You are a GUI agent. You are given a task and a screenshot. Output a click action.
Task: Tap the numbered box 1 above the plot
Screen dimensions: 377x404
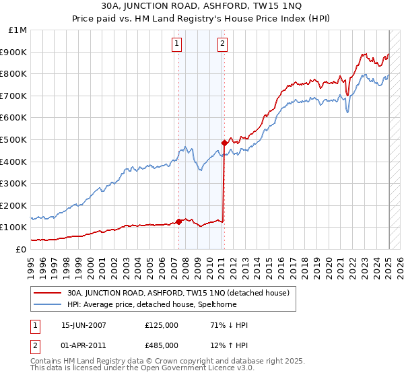pos(176,44)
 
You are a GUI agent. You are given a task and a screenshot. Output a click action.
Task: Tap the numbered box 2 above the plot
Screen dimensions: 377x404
pos(222,44)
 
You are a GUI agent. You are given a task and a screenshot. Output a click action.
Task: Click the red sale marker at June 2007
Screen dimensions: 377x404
pos(178,221)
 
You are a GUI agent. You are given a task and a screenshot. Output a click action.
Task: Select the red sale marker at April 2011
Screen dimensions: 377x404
pos(224,143)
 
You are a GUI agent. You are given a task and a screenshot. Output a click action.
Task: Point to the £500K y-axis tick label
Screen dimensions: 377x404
pos(13,139)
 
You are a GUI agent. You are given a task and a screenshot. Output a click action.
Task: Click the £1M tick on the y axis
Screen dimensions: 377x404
pos(18,30)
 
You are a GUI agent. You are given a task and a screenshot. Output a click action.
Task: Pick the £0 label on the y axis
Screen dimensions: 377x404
pos(22,249)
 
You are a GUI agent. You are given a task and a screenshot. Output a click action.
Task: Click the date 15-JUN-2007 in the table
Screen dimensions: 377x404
pos(83,325)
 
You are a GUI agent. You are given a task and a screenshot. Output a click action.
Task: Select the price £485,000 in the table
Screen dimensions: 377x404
pos(162,345)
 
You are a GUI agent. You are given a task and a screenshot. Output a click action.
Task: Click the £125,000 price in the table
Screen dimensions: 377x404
pos(162,325)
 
